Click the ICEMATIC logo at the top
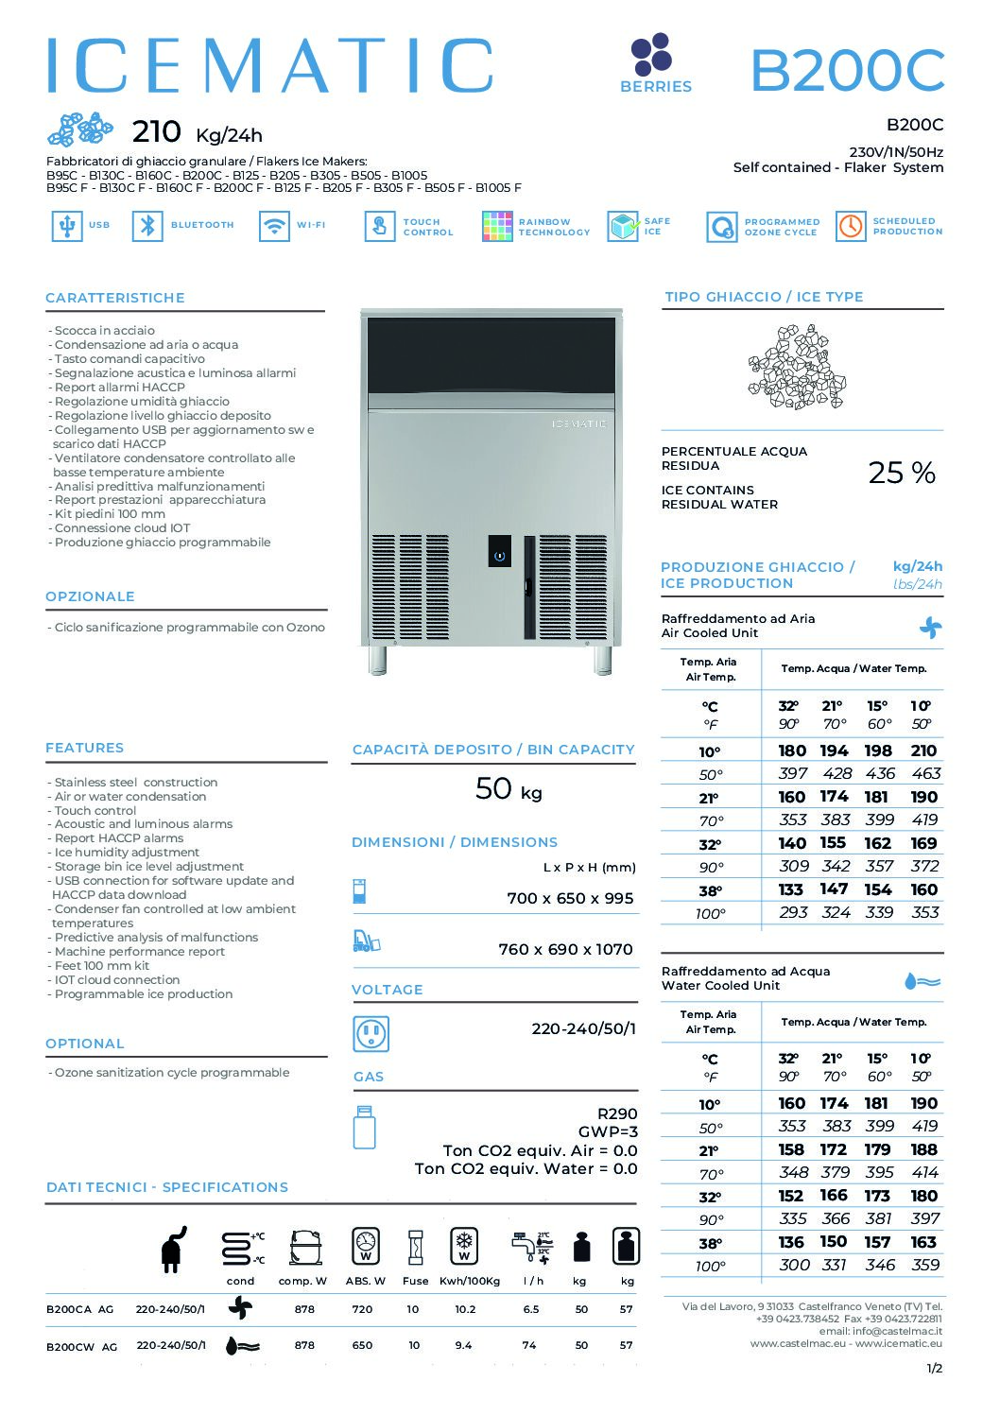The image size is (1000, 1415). pyautogui.click(x=270, y=65)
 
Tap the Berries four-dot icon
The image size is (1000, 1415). pyautogui.click(x=651, y=54)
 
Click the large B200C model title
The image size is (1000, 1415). pyautogui.click(x=847, y=71)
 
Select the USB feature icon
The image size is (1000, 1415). pyautogui.click(x=66, y=226)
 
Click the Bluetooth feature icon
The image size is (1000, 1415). pyautogui.click(x=147, y=226)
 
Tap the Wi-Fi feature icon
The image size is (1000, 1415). pyautogui.click(x=274, y=226)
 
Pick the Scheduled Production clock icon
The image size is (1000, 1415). pyautogui.click(x=851, y=226)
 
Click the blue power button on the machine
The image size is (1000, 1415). pyautogui.click(x=499, y=554)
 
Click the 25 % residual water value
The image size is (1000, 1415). pyautogui.click(x=901, y=473)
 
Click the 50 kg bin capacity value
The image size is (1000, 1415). pyautogui.click(x=509, y=789)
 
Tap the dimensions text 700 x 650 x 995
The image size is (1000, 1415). pyautogui.click(x=570, y=899)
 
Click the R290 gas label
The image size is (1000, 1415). pyautogui.click(x=617, y=1113)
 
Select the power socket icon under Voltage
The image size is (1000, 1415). pyautogui.click(x=371, y=1034)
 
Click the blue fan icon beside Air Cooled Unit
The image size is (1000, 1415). pyautogui.click(x=930, y=628)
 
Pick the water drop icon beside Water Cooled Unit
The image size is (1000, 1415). pyautogui.click(x=922, y=981)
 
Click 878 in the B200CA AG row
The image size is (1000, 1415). pyautogui.click(x=304, y=1310)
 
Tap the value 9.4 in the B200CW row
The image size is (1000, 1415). pyautogui.click(x=463, y=1345)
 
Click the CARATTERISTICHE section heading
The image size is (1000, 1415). pyautogui.click(x=115, y=298)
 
